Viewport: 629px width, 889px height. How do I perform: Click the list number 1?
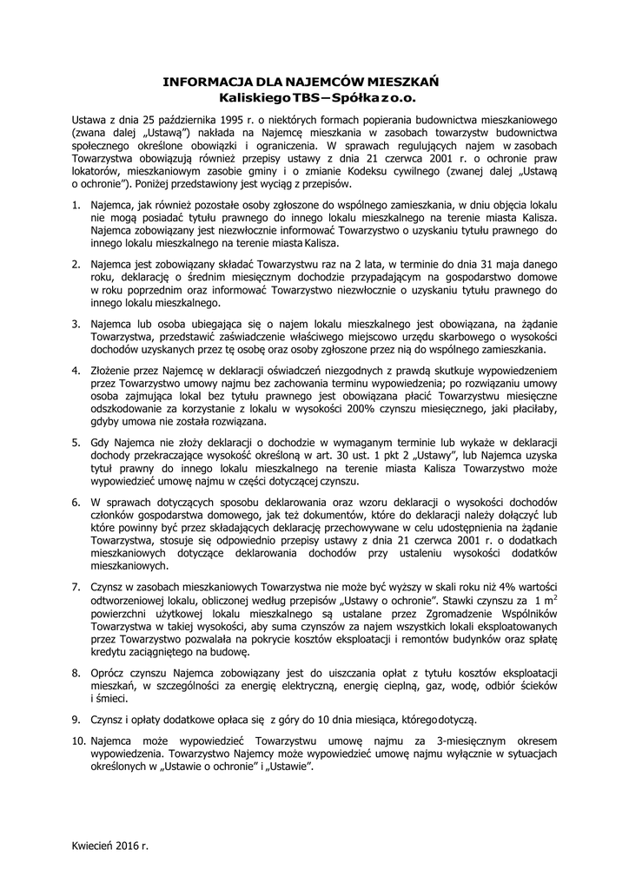click(76, 203)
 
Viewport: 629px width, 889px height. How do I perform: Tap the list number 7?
click(76, 587)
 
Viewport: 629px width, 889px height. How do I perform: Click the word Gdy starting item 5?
click(101, 442)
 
